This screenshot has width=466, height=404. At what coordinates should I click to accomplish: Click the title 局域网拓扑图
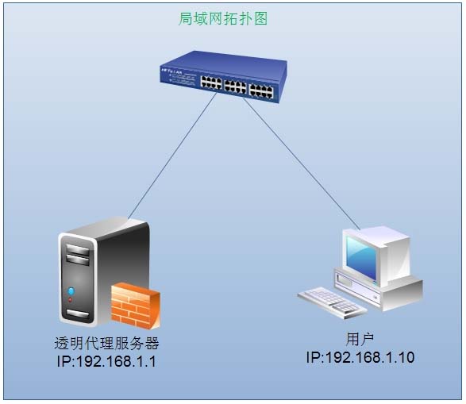pyautogui.click(x=223, y=19)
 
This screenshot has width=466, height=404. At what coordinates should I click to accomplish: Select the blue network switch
pyautogui.click(x=224, y=77)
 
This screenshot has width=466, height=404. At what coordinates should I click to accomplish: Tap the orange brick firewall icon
pyautogui.click(x=136, y=306)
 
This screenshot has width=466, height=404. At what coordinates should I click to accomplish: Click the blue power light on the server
pyautogui.click(x=71, y=291)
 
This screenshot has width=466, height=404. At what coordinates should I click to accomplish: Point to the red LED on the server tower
pyautogui.click(x=70, y=300)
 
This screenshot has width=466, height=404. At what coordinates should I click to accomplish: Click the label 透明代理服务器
pyautogui.click(x=106, y=344)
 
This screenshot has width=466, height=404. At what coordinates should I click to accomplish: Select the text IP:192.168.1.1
pyautogui.click(x=106, y=361)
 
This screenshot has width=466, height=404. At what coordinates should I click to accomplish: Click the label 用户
pyautogui.click(x=360, y=339)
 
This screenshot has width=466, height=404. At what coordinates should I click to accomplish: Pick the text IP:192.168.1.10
pyautogui.click(x=360, y=357)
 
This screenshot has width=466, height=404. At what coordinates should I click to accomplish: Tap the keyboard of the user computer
pyautogui.click(x=332, y=302)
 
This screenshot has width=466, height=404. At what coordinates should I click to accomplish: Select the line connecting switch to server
pyautogui.click(x=172, y=156)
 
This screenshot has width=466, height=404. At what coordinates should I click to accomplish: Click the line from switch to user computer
pyautogui.click(x=302, y=164)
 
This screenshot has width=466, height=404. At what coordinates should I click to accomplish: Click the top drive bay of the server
pyautogui.click(x=78, y=250)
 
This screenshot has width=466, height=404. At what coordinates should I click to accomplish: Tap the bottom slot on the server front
pyautogui.click(x=77, y=314)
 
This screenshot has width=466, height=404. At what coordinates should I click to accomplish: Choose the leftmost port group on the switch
pyautogui.click(x=211, y=83)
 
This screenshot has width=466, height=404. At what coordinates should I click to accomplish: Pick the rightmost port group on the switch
pyautogui.click(x=261, y=91)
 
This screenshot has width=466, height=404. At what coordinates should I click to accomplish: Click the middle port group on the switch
pyautogui.click(x=235, y=87)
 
